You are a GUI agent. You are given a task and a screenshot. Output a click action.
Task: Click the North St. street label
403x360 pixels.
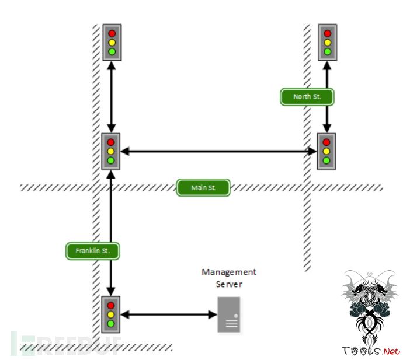307,96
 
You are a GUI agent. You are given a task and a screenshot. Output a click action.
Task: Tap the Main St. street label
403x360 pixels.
203,188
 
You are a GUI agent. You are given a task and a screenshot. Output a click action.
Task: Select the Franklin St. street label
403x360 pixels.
93,251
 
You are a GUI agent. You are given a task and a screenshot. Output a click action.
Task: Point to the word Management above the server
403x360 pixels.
229,272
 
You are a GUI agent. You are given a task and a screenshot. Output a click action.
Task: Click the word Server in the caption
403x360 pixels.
229,284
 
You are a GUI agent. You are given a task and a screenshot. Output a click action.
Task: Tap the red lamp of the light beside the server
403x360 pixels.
112,306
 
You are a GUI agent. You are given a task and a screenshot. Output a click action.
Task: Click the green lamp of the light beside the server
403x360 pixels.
112,324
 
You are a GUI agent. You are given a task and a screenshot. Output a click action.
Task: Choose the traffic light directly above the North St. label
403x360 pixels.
327,42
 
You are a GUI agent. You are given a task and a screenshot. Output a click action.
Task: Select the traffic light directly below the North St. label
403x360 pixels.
326,151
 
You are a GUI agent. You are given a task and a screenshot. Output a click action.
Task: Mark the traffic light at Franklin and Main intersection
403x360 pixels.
112,151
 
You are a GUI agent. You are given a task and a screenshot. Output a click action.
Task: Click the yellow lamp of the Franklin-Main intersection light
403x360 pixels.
112,151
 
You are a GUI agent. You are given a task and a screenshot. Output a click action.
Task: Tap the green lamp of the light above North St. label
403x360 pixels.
327,51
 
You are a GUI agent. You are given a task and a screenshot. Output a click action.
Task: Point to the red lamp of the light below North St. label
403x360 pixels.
326,142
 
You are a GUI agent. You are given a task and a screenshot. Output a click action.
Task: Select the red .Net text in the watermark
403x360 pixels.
390,351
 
